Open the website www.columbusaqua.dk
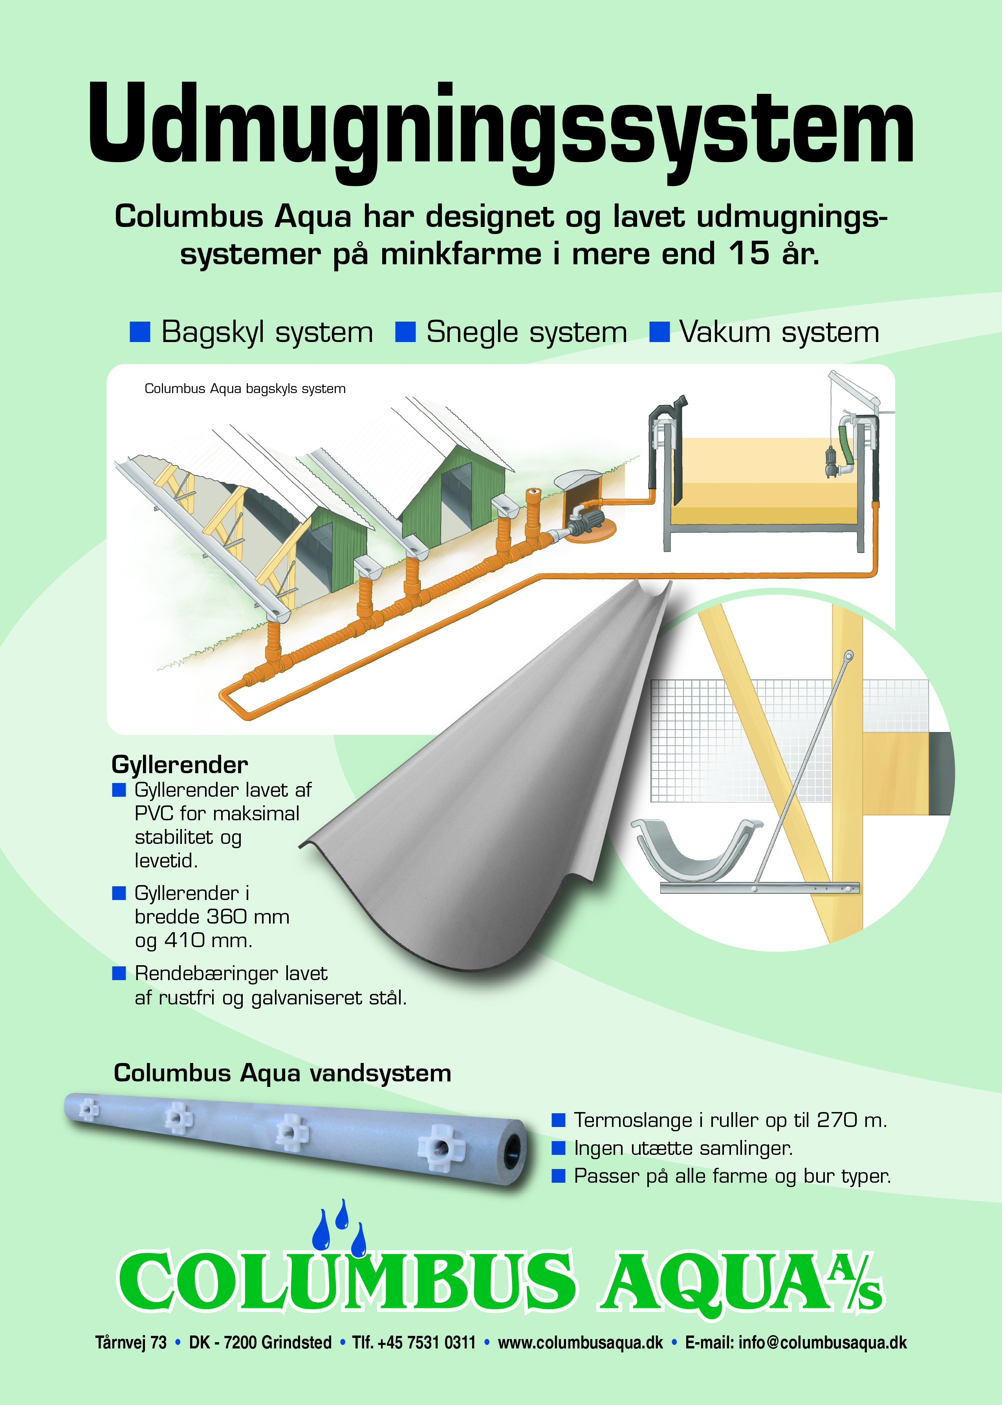tap(580, 1342)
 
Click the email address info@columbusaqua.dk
tap(822, 1342)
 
